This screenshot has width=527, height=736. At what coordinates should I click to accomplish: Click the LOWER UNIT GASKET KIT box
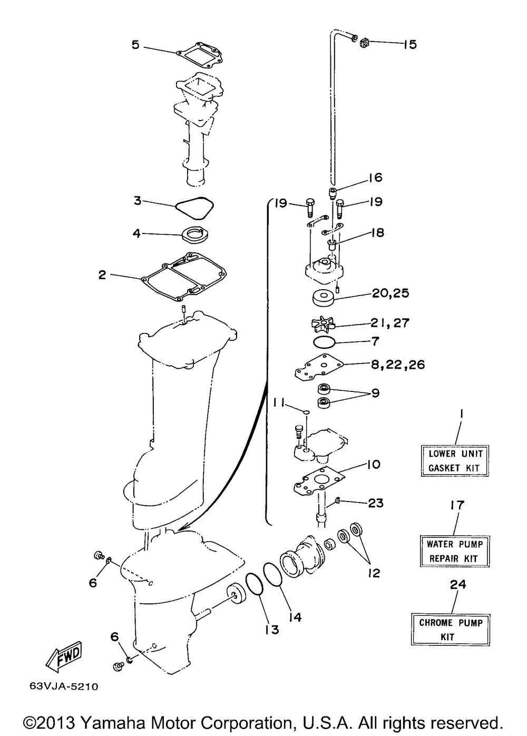455,460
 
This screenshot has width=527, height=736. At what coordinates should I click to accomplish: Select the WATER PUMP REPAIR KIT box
454,551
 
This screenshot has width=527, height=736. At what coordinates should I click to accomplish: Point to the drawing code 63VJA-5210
60,687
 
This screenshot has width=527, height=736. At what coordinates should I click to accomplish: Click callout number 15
409,44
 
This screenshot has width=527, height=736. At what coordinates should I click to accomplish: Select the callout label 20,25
391,293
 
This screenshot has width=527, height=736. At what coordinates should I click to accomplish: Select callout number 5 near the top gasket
135,44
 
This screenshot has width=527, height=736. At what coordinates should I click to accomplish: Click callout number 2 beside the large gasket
102,274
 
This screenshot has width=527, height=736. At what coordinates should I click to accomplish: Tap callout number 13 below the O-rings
272,630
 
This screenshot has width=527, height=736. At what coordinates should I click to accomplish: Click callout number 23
376,503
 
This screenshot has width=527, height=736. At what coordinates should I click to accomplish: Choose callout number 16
375,177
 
